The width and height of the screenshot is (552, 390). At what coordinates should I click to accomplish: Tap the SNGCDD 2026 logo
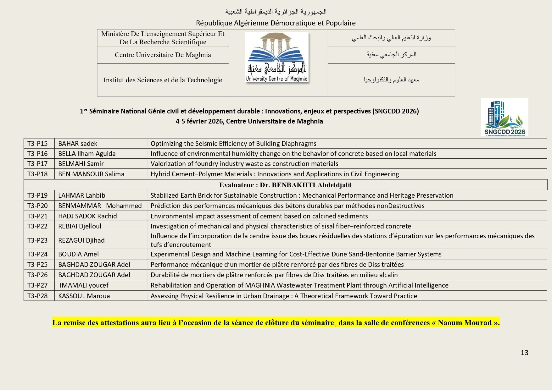click(505, 117)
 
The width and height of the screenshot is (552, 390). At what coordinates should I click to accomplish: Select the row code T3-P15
click(37, 144)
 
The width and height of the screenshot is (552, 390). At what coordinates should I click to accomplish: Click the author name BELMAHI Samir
click(81, 164)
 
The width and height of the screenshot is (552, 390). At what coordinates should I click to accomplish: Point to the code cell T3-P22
click(37, 226)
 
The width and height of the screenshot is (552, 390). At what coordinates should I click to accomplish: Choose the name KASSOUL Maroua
click(84, 296)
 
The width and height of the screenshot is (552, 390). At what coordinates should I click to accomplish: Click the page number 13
click(524, 353)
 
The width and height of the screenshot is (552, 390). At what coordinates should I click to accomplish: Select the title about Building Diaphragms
click(233, 144)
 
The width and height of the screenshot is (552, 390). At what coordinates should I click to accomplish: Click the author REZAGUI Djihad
click(81, 240)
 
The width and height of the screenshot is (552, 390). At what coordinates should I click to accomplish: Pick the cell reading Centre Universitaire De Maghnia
click(163, 55)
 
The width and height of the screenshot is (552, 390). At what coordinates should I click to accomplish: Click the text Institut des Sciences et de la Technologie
click(163, 80)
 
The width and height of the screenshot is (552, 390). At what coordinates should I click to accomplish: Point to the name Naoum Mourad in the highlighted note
click(464, 323)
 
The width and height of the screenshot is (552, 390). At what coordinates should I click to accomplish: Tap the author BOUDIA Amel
click(78, 254)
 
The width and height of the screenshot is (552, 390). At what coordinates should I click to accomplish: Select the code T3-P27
click(37, 285)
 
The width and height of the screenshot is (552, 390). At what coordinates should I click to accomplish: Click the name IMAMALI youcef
click(84, 285)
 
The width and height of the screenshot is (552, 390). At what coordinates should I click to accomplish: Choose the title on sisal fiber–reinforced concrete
click(281, 226)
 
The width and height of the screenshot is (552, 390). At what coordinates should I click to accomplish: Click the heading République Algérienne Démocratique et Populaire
click(276, 23)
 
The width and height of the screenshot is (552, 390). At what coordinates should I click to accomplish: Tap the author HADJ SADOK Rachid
click(87, 216)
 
